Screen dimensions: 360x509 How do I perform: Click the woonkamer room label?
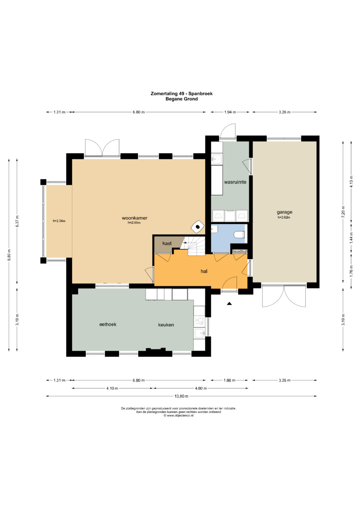coord(135,218)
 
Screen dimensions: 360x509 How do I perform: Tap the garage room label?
coord(284,212)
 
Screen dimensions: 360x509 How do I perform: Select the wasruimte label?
coord(235,182)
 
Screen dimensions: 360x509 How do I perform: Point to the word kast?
coord(167,243)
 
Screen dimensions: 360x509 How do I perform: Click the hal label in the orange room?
coord(204,271)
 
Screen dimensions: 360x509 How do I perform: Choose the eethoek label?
coord(108,324)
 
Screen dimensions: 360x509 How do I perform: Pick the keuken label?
coord(166,325)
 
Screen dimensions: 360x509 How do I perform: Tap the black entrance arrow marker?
coord(229,303)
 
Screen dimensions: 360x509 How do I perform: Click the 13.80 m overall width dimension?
coord(181,396)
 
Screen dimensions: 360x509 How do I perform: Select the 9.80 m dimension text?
coord(9,255)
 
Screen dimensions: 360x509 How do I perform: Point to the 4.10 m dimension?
coord(112,388)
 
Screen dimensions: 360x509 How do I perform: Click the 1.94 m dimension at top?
coord(230,112)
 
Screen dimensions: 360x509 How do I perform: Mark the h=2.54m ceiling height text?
coord(59,221)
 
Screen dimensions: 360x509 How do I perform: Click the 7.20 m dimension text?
coord(343,212)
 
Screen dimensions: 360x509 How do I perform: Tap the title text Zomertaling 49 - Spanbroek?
coord(182,93)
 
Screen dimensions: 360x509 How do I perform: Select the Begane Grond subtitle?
coord(182,99)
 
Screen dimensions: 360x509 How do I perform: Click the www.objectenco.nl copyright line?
coord(178,416)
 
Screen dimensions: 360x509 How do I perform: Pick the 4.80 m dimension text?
coord(201,388)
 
